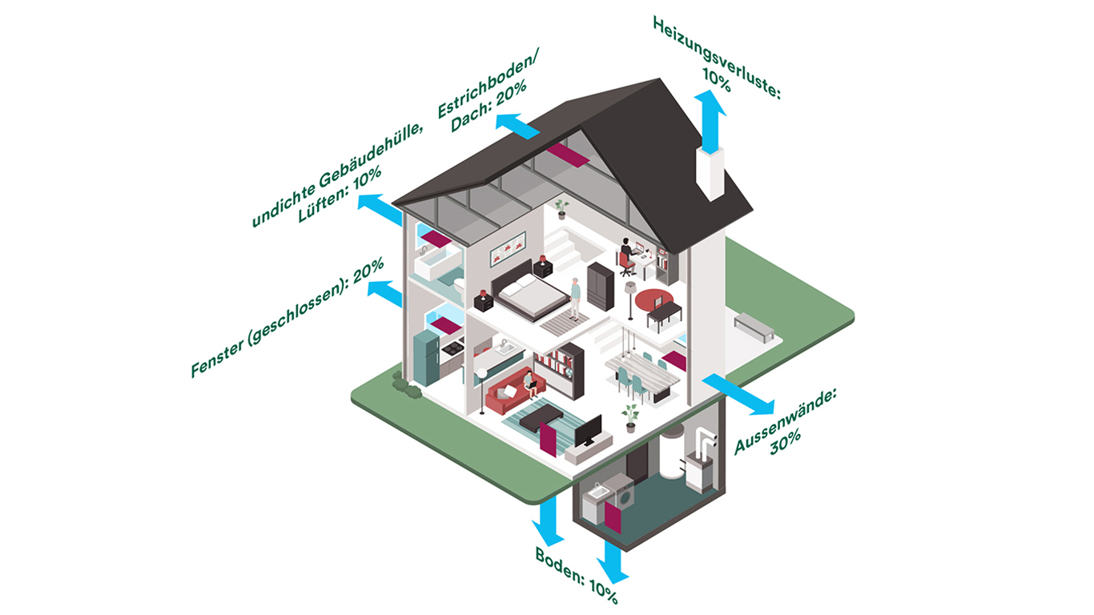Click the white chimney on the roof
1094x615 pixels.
[x=710, y=173]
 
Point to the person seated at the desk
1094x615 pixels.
[x=627, y=253]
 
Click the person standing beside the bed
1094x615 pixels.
[x=575, y=296]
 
